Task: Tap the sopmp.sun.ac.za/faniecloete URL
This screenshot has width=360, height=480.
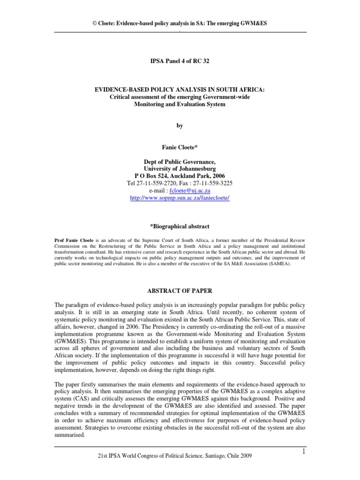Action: (180, 198)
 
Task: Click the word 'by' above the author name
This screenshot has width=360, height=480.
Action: (180, 126)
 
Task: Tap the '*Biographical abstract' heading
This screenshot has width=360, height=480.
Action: (180, 226)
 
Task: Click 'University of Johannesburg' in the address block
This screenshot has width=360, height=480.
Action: (180, 168)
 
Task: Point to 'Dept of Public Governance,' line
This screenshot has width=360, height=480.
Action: (180, 161)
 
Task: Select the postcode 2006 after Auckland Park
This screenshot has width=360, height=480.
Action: (231, 176)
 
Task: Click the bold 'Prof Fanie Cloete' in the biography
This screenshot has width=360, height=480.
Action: (74, 240)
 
